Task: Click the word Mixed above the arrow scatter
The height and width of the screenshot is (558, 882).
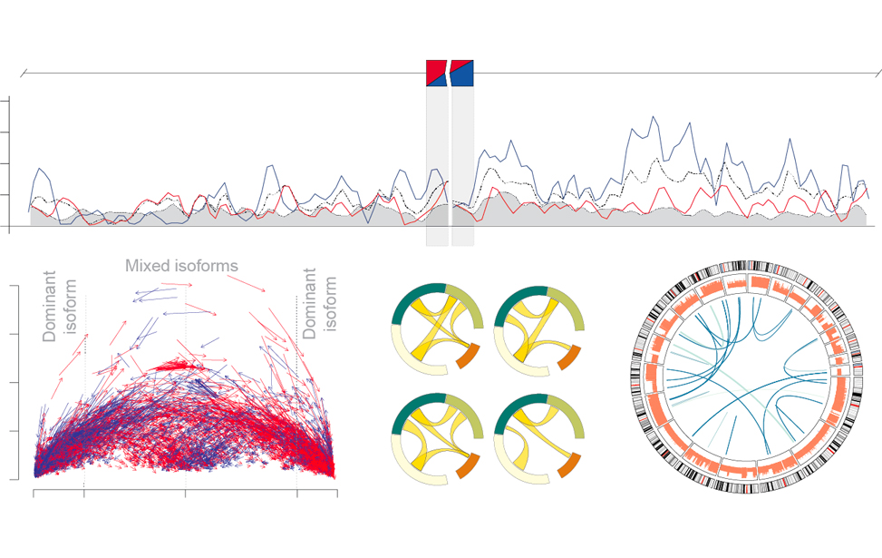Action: point(148,266)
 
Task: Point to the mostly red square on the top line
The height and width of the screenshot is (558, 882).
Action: point(437,73)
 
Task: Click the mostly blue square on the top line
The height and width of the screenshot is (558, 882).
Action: point(461,73)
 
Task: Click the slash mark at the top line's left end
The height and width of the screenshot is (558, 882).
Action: point(25,73)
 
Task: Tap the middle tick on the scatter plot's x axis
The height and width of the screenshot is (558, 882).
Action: point(186,494)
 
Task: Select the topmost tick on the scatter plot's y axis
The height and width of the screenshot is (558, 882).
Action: point(13,286)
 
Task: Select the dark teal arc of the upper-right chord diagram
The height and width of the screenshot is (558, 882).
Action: point(521,292)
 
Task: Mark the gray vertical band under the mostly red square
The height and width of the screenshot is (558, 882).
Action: point(437,163)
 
